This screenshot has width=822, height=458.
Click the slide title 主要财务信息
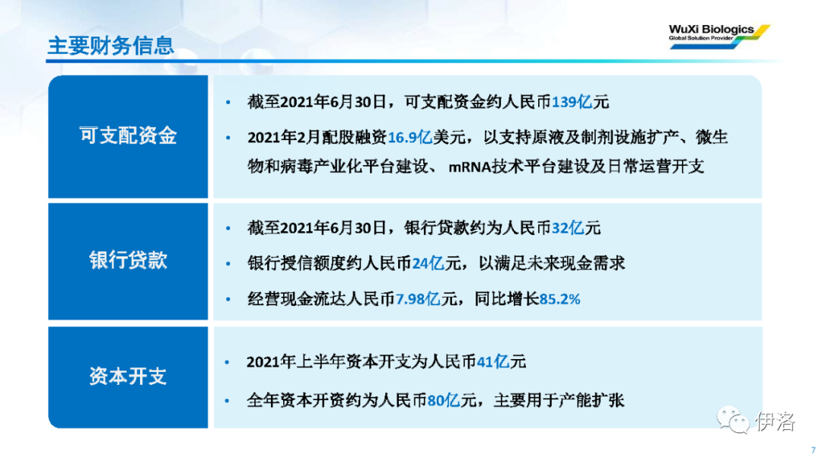click(x=110, y=46)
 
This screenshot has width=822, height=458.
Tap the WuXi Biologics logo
click(x=718, y=37)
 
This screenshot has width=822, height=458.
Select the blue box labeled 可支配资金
click(x=128, y=137)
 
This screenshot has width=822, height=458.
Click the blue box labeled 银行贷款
click(x=128, y=261)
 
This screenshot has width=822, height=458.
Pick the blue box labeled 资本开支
click(x=128, y=377)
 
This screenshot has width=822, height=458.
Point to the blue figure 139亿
click(x=572, y=102)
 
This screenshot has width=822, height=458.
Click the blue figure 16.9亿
click(x=409, y=137)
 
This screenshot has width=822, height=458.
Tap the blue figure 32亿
click(x=568, y=228)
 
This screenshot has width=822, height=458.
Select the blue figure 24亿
click(x=428, y=263)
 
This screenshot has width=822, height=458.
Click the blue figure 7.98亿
click(x=418, y=299)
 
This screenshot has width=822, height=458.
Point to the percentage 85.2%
click(x=560, y=299)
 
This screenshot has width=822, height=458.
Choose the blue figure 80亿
click(x=444, y=401)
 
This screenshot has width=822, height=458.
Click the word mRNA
click(x=470, y=167)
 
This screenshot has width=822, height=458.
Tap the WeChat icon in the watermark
click(x=733, y=420)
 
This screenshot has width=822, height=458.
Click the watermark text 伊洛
click(x=776, y=421)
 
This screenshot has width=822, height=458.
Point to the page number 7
click(x=813, y=450)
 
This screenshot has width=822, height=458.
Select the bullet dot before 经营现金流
click(x=228, y=300)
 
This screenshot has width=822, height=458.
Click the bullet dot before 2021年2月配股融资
click(x=228, y=138)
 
